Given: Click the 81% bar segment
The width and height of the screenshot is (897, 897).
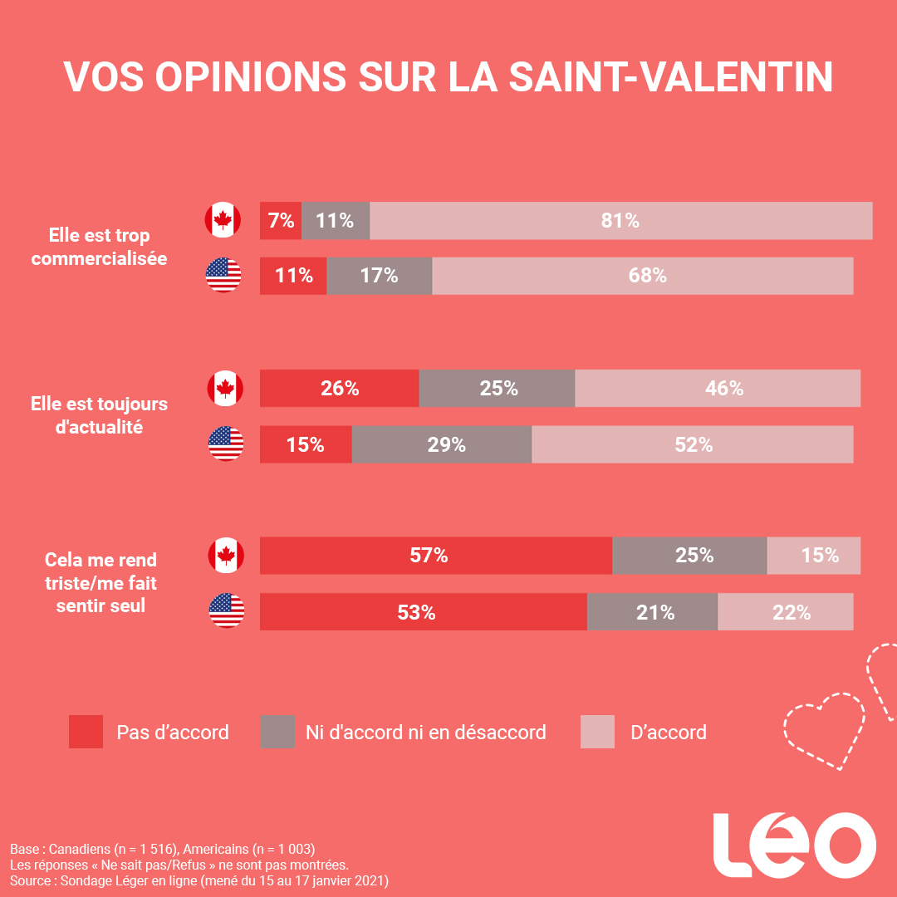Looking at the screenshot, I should tap(620, 221).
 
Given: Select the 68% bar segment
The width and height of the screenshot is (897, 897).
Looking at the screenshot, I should tap(642, 276).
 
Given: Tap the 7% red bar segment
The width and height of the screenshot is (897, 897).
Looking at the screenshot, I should tap(281, 221).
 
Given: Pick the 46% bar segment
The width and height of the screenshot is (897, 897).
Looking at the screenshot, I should tap(718, 389).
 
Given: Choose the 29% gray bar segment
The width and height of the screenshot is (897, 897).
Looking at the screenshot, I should tap(441, 444).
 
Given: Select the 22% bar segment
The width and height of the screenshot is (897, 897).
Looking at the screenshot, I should tap(785, 612).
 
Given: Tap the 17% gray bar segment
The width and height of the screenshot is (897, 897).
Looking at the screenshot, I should tap(379, 276).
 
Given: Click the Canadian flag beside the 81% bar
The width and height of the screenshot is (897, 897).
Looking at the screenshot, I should tap(223, 220).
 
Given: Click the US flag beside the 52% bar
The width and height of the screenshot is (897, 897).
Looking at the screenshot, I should tap(226, 444).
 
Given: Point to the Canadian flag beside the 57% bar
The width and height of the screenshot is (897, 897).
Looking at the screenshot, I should tap(226, 556).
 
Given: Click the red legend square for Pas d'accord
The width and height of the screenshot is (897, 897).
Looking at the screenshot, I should tap(86, 732).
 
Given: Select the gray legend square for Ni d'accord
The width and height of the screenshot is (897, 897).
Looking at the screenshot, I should tap(277, 732).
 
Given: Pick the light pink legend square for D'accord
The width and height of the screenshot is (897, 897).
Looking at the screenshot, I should tap(597, 732).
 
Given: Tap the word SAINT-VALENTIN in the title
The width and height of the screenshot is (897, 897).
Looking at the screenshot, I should tap(669, 77).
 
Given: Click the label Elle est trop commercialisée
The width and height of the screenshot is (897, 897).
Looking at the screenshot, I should tap(99, 247).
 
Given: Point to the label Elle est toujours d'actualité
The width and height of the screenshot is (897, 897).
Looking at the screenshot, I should tap(99, 415).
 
